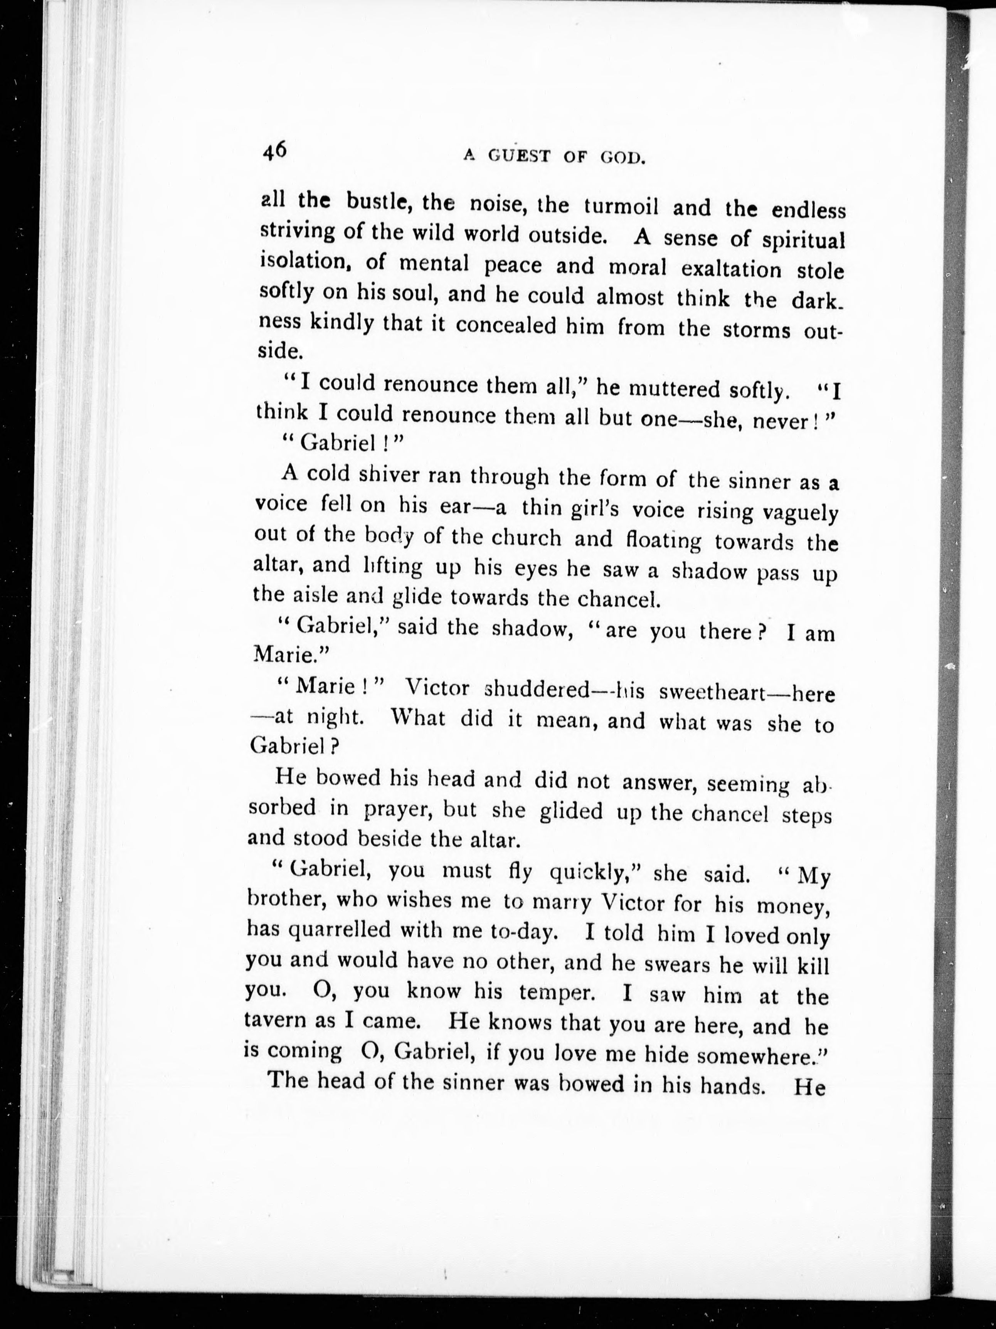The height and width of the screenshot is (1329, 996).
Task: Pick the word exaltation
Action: [x=731, y=269]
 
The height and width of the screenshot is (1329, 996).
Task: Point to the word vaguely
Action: [x=799, y=514]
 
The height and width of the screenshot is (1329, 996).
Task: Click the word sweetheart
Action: [x=711, y=692]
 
